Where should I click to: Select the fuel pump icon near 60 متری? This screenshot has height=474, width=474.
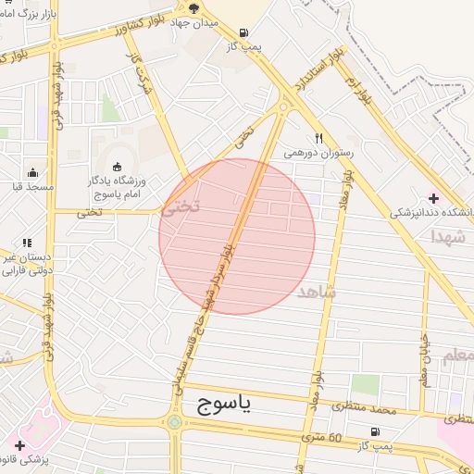coord(374,431)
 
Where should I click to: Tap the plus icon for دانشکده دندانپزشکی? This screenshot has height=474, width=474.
coord(433,197)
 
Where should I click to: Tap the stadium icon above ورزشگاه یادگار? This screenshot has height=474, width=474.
coord(116,167)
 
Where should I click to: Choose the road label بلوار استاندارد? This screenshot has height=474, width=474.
coord(311,76)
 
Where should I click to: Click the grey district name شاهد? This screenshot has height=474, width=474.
coord(318,292)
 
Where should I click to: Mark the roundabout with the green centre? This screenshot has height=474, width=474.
coord(174,423)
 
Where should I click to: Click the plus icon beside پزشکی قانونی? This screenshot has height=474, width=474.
coord(20,445)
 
